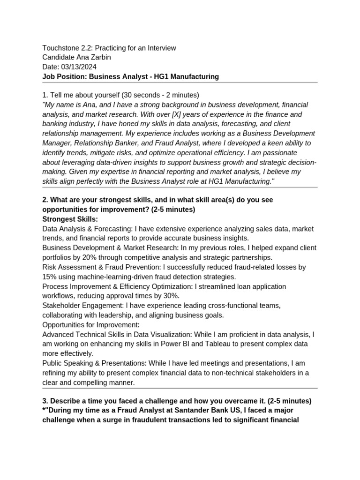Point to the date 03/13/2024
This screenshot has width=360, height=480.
point(79,67)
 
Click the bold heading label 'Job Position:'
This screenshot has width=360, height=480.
point(64,76)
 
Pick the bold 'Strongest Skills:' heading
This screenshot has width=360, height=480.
point(70,219)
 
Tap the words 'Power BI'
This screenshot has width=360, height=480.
point(186,344)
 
